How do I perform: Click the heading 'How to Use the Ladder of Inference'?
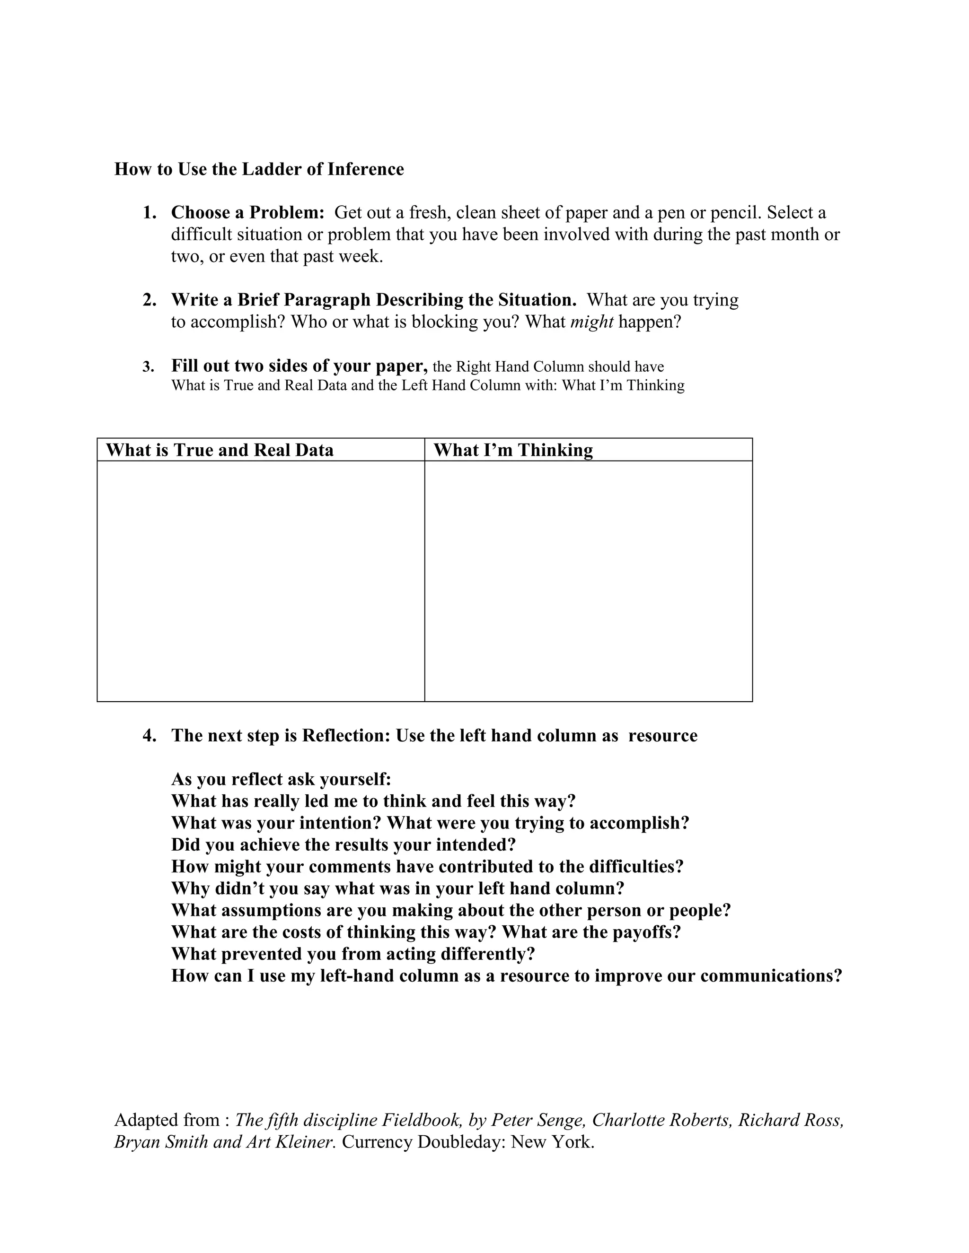259,169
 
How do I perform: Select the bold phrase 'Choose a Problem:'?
248,213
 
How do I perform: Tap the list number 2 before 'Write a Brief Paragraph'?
149,300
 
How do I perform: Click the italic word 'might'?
592,322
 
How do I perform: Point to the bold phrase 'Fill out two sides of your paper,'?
299,365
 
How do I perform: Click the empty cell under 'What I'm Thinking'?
589,581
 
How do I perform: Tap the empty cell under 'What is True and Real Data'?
261,581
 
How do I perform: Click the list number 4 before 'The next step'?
149,736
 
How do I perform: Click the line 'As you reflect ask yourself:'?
281,780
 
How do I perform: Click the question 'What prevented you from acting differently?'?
352,954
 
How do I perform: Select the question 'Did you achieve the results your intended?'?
344,845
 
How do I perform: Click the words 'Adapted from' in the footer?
167,1119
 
